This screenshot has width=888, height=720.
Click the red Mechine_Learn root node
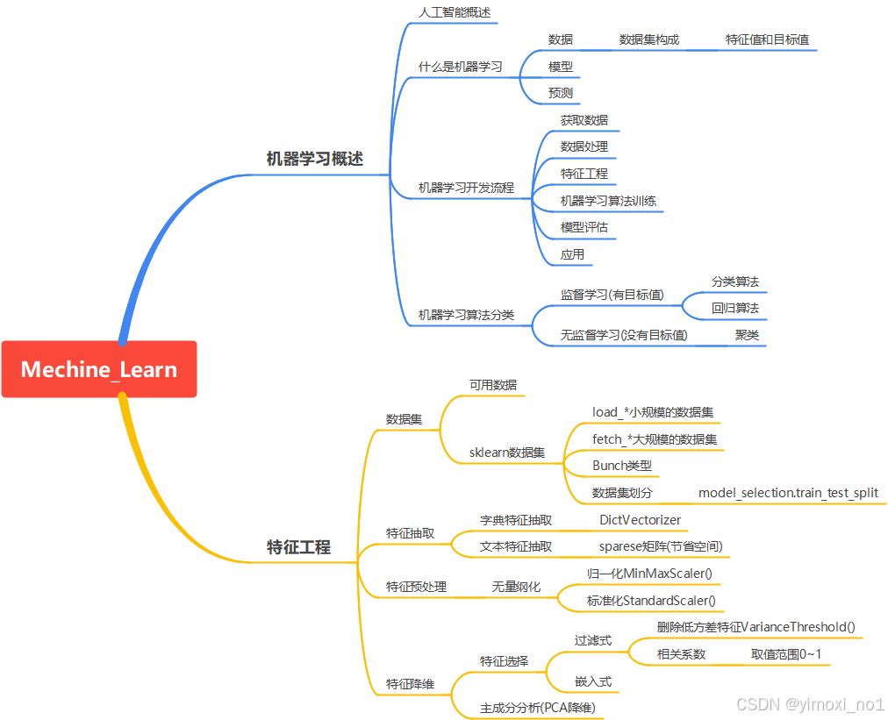(x=98, y=369)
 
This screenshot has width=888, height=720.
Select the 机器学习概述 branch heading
(x=314, y=159)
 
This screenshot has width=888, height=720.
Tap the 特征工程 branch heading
(x=298, y=547)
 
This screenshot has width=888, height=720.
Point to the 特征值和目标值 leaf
(x=767, y=39)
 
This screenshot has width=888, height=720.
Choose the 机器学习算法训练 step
(x=608, y=201)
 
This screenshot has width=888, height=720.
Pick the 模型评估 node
(x=584, y=228)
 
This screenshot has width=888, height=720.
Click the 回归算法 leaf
(x=734, y=309)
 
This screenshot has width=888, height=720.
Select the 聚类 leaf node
(x=747, y=335)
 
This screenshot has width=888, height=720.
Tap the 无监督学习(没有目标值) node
(x=624, y=335)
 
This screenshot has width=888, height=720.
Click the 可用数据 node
(x=492, y=385)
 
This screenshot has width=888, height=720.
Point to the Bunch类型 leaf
(x=622, y=466)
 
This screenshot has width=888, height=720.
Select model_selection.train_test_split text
(x=788, y=493)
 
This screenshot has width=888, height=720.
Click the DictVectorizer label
(x=640, y=520)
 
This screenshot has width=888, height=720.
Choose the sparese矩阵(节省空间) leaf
(x=661, y=546)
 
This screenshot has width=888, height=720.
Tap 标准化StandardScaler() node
(x=651, y=601)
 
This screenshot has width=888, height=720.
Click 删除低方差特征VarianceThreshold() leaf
(x=756, y=627)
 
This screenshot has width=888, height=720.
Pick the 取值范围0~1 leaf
(x=785, y=654)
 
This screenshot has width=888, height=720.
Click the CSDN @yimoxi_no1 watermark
(x=810, y=704)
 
